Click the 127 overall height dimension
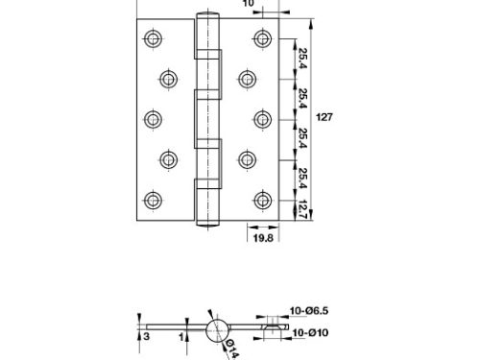click(324, 117)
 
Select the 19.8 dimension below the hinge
click(263, 238)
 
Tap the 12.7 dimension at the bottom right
click(302, 210)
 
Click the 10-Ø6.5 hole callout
click(309, 311)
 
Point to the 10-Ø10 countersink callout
click(310, 333)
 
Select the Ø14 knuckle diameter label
click(232, 349)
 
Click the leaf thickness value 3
click(146, 337)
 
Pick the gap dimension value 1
click(181, 337)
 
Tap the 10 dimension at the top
click(248, 3)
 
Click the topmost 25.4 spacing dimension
click(302, 58)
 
